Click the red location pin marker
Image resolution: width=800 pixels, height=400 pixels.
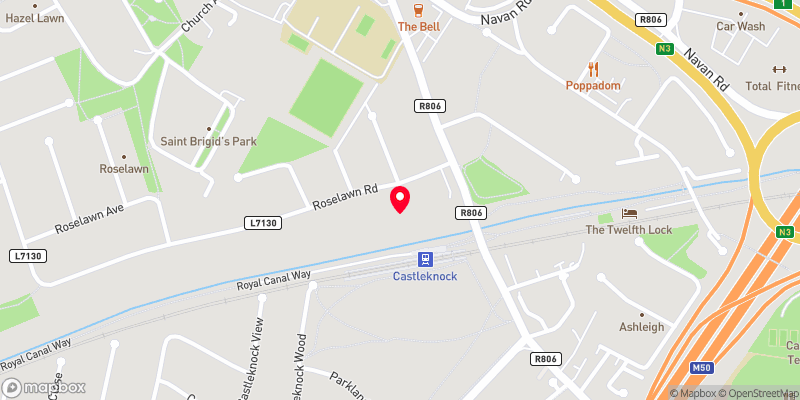click(x=400, y=198)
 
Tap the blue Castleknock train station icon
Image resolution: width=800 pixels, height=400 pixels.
click(x=425, y=257)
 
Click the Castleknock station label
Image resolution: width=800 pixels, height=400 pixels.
click(x=425, y=275)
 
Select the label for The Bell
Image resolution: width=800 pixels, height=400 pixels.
click(x=415, y=27)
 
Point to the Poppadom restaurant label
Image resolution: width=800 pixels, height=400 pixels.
click(x=594, y=86)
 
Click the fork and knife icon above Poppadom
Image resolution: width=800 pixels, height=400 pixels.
click(x=594, y=68)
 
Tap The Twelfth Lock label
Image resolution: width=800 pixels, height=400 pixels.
click(x=628, y=230)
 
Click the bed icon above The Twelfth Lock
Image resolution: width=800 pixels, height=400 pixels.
click(x=628, y=213)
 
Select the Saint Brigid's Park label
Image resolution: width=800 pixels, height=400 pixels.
click(x=209, y=142)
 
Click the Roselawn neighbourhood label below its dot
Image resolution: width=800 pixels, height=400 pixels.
click(x=124, y=170)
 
